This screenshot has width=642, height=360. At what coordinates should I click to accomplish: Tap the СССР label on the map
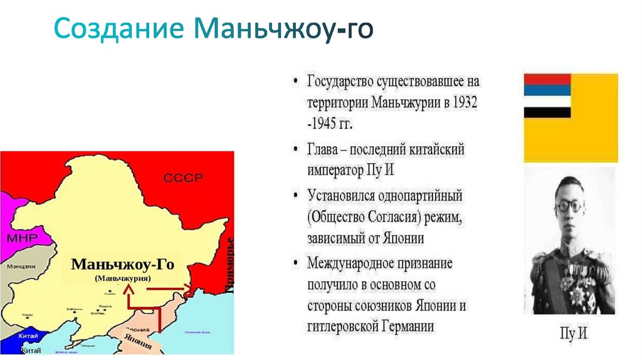point(183,178)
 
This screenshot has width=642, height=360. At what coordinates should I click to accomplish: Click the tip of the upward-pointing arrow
point(129,286)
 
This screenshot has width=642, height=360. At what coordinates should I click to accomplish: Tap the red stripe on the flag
point(547,80)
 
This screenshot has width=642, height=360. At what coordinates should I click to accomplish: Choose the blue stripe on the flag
point(547,90)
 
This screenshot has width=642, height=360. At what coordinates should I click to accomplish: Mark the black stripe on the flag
point(547,112)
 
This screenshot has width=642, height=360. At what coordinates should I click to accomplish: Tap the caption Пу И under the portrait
point(572,334)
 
